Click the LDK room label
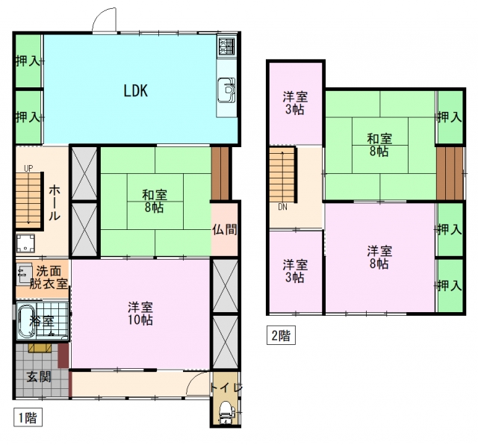coord(136,90)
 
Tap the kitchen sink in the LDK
coord(226,90)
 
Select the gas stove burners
coord(227,46)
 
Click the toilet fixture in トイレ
coord(226,413)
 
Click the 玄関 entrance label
coord(39,377)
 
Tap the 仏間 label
coord(224,229)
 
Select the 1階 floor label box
coord(28,417)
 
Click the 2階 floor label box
coord(281,335)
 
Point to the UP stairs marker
coord(28,168)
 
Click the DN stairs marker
coord(282,207)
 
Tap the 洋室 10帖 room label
coord(140,314)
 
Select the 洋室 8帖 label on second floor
coord(379,258)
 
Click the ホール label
coord(55,202)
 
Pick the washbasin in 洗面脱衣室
coord(24,273)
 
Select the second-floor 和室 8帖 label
coord(379,145)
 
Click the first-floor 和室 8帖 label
coord(155,201)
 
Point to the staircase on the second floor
coord(282,175)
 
